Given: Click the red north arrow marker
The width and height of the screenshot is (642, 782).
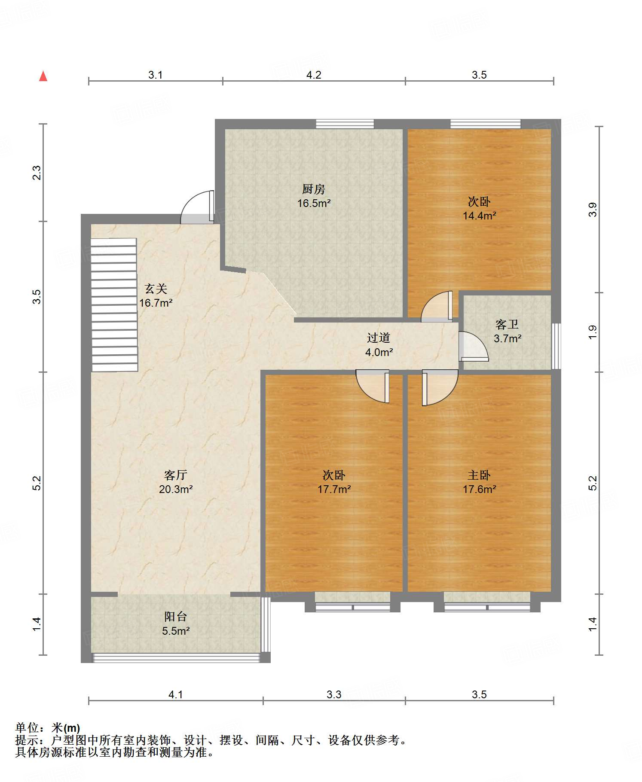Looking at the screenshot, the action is (43, 76).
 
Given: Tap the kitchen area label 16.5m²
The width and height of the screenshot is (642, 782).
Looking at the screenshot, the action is (314, 203).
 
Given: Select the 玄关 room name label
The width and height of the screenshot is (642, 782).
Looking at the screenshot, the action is (156, 289).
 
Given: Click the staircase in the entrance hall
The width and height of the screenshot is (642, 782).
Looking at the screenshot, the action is (114, 305).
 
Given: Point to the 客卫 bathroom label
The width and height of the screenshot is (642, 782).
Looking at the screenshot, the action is (507, 324).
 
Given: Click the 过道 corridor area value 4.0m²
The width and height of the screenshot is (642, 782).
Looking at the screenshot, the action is (379, 353).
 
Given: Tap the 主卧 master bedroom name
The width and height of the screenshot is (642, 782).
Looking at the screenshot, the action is (479, 475).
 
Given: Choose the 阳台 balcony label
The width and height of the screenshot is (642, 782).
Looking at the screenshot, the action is (176, 617).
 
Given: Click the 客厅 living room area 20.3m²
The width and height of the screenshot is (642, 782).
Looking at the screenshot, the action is (176, 489).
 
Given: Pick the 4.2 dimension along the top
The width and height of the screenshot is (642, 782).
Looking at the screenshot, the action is (314, 75).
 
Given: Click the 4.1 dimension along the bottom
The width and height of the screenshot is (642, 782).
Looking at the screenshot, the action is (176, 694).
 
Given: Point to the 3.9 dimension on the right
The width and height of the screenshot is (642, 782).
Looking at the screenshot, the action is (593, 210).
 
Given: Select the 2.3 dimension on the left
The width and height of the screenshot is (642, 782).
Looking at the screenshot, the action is (37, 173).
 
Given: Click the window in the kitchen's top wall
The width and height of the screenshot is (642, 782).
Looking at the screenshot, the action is (345, 124).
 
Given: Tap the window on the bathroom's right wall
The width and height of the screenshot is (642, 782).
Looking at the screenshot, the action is (556, 346).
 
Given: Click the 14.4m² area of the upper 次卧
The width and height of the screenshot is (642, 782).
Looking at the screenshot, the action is (479, 216).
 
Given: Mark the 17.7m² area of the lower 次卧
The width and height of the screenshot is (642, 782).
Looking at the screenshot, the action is (334, 489).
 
